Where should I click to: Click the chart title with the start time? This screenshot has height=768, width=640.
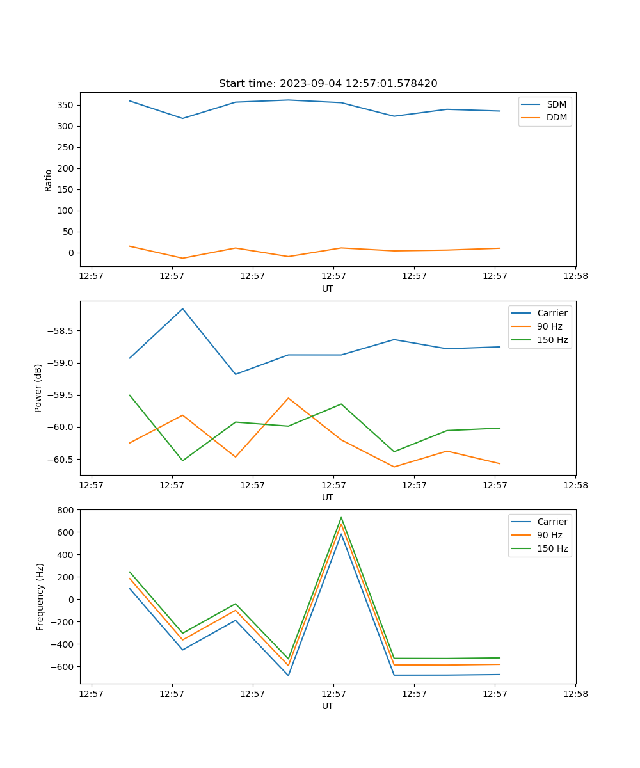coord(328,84)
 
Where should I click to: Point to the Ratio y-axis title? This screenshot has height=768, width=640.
coord(49,180)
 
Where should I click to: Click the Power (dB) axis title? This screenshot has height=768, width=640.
coord(38,388)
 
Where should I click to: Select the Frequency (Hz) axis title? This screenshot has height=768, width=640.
coord(40,596)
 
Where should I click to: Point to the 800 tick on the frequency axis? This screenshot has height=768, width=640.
coord(66,510)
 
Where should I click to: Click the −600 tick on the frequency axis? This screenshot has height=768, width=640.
coord(62,667)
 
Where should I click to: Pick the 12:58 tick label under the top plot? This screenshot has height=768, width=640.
coord(575,276)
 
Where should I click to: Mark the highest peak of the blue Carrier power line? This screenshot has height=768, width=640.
coord(182,309)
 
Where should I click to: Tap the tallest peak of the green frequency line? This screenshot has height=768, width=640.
coord(341,518)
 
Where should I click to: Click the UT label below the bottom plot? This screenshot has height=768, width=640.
coord(328,706)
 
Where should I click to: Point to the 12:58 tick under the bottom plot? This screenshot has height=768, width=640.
coord(575,694)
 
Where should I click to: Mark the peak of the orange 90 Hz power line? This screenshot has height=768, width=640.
coord(288,398)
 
